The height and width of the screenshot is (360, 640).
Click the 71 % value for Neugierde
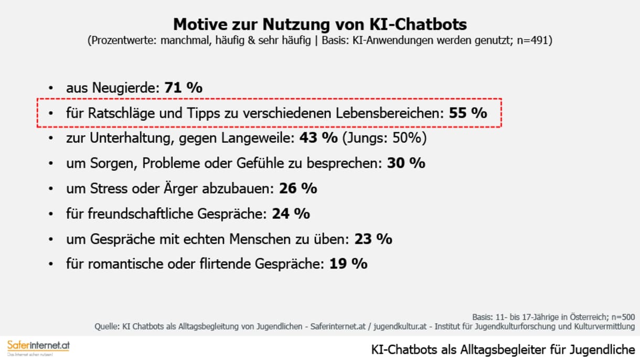click(x=183, y=88)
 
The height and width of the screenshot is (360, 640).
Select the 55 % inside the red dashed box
click(x=468, y=113)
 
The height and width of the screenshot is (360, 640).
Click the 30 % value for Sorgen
click(x=406, y=163)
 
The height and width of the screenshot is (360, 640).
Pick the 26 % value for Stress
click(x=298, y=188)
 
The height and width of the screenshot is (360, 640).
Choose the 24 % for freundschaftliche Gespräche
click(x=291, y=214)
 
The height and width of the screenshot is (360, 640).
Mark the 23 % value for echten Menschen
click(x=373, y=239)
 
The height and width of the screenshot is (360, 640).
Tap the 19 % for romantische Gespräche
click(x=348, y=264)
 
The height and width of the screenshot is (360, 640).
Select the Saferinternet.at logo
click(x=38, y=347)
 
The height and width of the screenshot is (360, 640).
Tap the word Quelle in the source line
click(x=106, y=326)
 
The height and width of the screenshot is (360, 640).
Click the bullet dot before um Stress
click(x=51, y=189)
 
